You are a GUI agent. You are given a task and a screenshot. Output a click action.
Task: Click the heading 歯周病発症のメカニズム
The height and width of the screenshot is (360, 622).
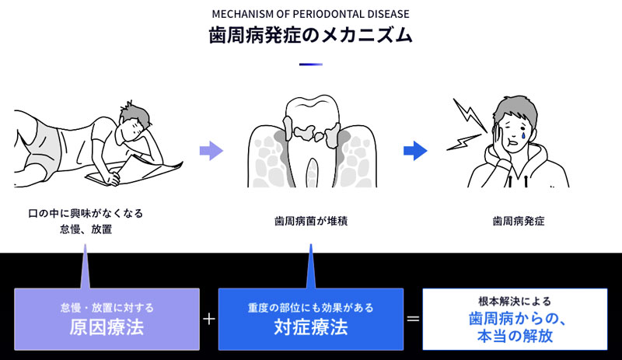click(310, 36)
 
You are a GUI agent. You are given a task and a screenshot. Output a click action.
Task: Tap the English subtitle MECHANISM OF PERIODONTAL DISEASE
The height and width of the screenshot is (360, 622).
click(310, 13)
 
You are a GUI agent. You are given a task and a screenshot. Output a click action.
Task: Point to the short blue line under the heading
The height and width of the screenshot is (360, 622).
click(310, 64)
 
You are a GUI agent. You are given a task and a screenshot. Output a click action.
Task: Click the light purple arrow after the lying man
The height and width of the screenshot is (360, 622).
click(211, 151)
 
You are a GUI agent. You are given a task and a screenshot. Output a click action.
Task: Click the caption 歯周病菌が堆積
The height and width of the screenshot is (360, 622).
click(310, 221)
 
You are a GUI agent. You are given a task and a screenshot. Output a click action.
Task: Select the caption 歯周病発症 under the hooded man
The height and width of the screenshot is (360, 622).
click(519, 221)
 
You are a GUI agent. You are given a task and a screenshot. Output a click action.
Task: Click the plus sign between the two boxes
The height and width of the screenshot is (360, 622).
click(208, 319)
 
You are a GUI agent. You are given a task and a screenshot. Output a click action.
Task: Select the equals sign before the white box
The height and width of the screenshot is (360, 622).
click(414, 319)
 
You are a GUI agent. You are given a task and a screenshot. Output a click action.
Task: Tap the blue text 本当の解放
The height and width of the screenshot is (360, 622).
click(515, 337)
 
